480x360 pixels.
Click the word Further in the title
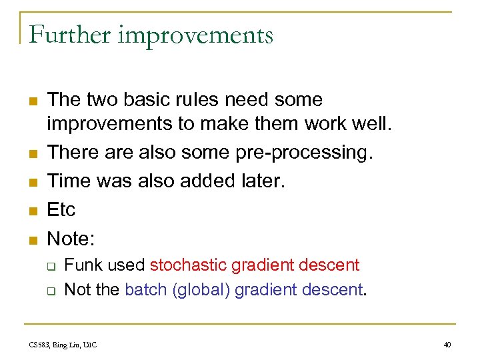pyautogui.click(x=69, y=35)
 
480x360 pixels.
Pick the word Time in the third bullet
pyautogui.click(x=66, y=181)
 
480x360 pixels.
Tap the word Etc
pyautogui.click(x=61, y=209)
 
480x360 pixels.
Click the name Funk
pyautogui.click(x=82, y=265)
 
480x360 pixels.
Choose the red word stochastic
pyautogui.click(x=189, y=265)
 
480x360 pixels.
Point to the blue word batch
pyautogui.click(x=145, y=291)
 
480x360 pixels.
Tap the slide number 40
pyautogui.click(x=447, y=344)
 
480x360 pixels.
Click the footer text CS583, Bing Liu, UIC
pyautogui.click(x=63, y=344)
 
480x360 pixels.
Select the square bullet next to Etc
pyautogui.click(x=32, y=211)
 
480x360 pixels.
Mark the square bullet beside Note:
pyautogui.click(x=32, y=239)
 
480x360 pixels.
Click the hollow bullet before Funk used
pyautogui.click(x=51, y=266)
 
